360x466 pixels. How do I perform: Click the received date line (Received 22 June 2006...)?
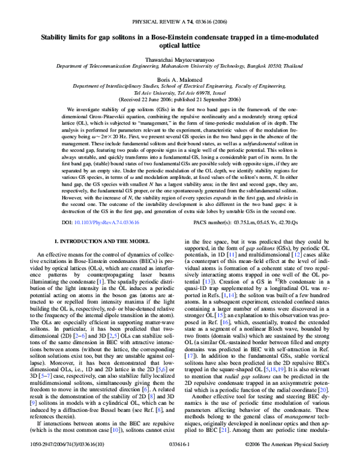(179, 100)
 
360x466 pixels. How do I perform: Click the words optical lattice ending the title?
(179, 46)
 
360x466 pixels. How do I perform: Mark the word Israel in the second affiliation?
(214, 93)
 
